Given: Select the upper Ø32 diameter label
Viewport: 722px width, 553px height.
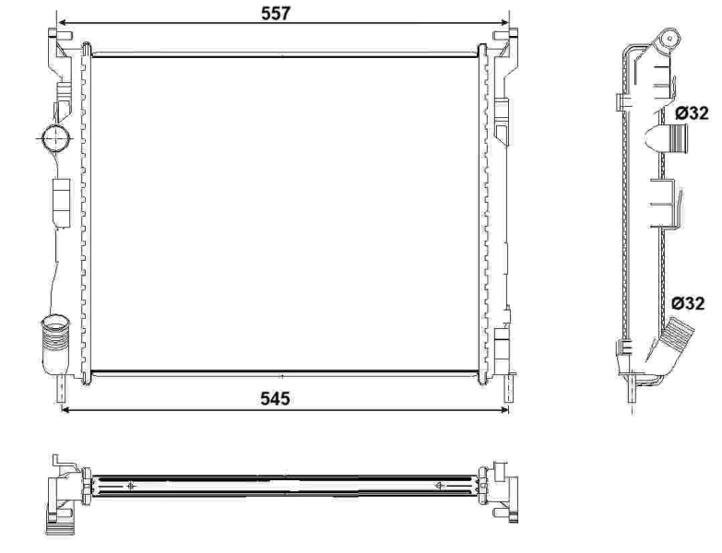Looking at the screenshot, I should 692,112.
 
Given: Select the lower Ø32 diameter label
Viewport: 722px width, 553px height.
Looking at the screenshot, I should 691,302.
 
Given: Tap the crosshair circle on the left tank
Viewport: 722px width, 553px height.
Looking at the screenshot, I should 54,139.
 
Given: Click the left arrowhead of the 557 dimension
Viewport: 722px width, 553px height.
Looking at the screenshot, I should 61,20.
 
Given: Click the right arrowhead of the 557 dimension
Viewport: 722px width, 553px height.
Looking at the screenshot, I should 506,20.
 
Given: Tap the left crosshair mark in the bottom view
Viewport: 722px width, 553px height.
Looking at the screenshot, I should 132,486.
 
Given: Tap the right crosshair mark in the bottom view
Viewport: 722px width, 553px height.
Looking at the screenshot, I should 439,486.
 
